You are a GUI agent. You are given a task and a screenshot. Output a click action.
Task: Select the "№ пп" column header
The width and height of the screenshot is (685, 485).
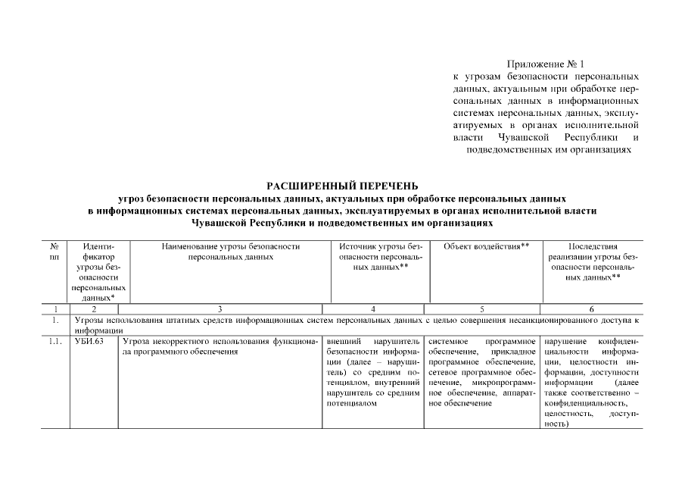[54, 252]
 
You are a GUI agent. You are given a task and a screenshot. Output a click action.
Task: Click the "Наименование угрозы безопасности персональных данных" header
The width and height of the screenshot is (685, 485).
[230, 252]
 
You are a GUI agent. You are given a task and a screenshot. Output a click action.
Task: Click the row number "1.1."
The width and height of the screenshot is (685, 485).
[54, 341]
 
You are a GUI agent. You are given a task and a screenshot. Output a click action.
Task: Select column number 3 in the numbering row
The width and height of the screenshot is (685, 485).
[220, 309]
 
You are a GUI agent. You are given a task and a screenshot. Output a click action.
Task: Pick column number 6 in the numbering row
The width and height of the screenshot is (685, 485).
[590, 309]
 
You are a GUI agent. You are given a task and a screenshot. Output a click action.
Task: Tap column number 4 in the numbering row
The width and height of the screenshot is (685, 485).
[373, 309]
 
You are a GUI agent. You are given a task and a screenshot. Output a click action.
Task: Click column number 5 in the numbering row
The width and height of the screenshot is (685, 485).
[481, 309]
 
